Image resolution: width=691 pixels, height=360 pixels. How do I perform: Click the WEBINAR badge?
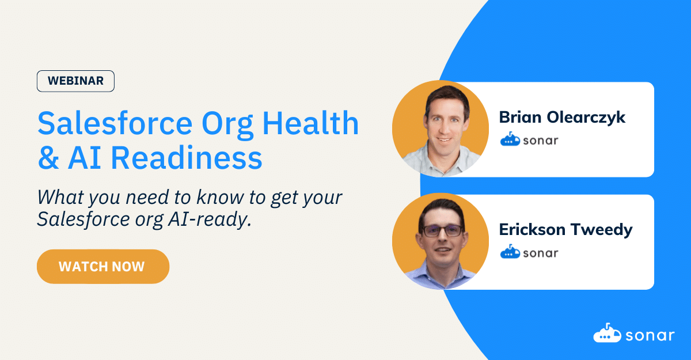pos(75,81)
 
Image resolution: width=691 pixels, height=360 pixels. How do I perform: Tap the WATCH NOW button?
pos(103,267)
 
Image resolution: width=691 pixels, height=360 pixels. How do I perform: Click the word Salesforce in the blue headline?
pos(115,123)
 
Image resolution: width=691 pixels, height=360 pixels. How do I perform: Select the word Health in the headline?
pos(310,123)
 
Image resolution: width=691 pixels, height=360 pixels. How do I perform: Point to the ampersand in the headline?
pos(48,158)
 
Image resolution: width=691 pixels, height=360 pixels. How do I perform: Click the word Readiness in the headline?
pos(187,158)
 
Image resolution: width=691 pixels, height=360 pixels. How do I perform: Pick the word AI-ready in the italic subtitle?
pos(210,219)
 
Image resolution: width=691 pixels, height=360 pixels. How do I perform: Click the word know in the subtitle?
pos(220,197)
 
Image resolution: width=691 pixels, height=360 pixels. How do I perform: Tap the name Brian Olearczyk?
pos(562,118)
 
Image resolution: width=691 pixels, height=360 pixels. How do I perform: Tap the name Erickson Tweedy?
pos(565,230)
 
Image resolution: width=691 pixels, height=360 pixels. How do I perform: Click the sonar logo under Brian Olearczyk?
pos(529,140)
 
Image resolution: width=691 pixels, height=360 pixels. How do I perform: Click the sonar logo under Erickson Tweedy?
pos(529,252)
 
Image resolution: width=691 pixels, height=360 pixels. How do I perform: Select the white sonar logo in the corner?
pos(634,333)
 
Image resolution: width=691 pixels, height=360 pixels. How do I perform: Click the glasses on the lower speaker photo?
pos(443,231)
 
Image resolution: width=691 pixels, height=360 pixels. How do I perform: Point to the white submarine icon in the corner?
pos(607,333)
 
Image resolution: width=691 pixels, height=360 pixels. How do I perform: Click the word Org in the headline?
pos(227,124)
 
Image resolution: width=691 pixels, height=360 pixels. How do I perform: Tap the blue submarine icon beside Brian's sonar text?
pos(510,139)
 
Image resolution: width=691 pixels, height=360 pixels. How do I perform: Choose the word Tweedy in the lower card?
pos(602,230)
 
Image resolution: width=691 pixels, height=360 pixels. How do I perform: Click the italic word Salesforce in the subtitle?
pos(83,219)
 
